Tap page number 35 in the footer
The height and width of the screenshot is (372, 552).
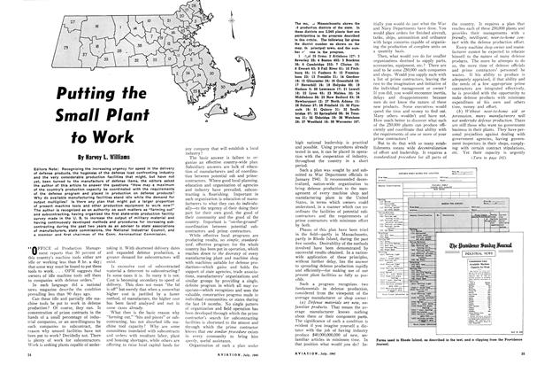[x=528, y=364]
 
